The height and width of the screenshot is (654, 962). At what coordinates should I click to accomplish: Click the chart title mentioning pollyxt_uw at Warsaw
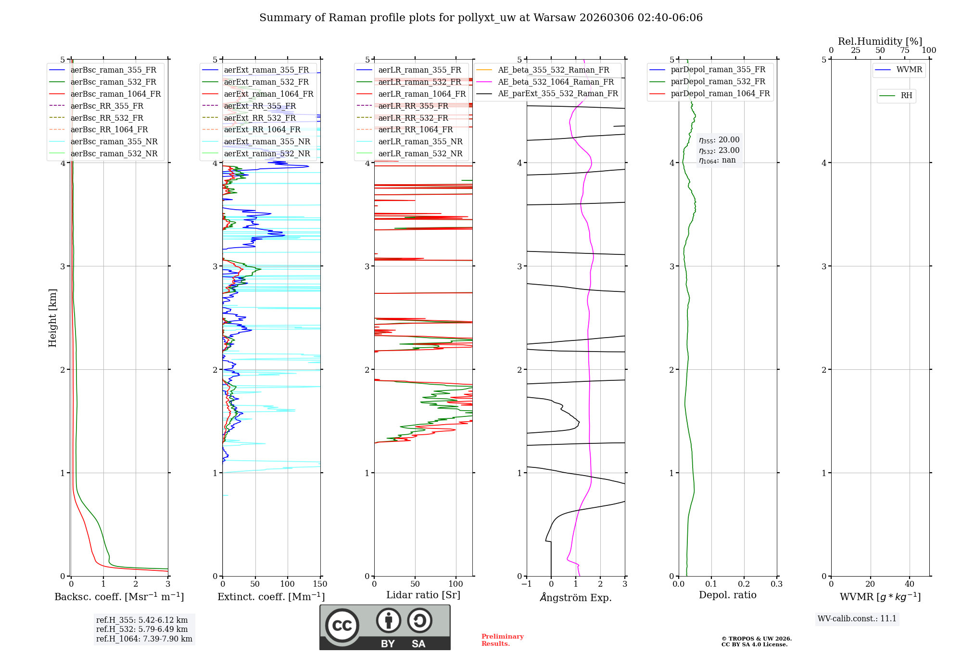[x=481, y=18]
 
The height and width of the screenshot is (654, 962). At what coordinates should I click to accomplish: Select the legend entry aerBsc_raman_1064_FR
[x=115, y=94]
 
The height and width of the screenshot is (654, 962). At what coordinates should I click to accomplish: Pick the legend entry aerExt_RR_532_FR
[x=260, y=118]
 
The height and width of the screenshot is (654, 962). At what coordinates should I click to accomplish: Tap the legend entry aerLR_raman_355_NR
[x=420, y=142]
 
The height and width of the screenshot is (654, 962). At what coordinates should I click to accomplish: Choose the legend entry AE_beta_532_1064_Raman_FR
[x=556, y=82]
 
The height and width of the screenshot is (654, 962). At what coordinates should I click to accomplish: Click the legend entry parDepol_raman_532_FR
[x=718, y=82]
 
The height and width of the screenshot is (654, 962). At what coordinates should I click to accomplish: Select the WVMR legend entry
[x=909, y=70]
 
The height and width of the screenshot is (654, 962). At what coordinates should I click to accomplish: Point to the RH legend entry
[x=906, y=96]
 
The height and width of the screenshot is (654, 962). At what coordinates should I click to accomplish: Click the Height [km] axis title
[x=52, y=318]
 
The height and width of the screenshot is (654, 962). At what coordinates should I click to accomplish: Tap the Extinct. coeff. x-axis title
[x=271, y=597]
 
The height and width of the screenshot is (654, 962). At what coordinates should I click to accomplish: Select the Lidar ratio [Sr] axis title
[x=423, y=595]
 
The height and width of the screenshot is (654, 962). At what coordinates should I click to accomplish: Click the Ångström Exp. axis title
[x=576, y=597]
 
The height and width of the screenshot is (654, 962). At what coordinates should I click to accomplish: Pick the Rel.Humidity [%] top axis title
[x=880, y=41]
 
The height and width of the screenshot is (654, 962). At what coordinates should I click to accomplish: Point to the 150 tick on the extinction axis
[x=320, y=584]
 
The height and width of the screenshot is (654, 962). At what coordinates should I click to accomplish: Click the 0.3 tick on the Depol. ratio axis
[x=776, y=584]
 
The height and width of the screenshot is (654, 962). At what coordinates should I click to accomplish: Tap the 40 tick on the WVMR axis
[x=909, y=584]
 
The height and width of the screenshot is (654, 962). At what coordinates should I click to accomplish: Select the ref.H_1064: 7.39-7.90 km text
[x=144, y=639]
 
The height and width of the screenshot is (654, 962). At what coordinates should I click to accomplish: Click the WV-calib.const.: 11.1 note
[x=857, y=618]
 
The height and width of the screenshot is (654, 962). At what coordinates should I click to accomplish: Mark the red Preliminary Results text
[x=502, y=640]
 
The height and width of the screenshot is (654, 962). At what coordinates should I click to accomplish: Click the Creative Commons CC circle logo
[x=342, y=626]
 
